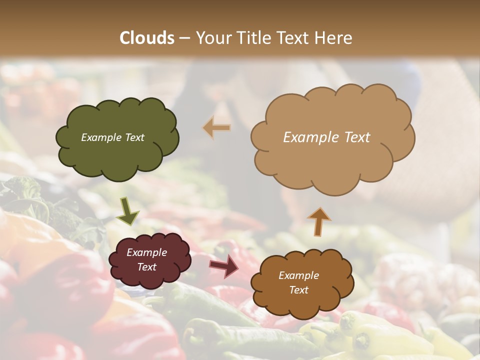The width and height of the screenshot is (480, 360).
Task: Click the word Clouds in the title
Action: coord(147,38)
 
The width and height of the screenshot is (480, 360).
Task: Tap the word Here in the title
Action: coord(334,38)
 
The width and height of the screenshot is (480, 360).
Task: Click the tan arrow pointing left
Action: coord(216,128)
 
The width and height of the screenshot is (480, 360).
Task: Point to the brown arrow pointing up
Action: coord(318,221)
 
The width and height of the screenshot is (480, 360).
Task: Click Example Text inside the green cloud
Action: coord(112,137)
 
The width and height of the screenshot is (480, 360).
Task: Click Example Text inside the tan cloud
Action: coord(326,137)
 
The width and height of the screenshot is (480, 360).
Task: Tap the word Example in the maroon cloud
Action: coord(146,253)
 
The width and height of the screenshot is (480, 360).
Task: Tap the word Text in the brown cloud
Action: coord(298,290)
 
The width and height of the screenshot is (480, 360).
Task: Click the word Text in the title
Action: coord(295,38)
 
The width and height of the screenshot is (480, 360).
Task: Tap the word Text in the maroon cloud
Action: coord(146,267)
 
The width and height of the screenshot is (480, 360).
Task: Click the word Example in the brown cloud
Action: coord(298,275)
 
